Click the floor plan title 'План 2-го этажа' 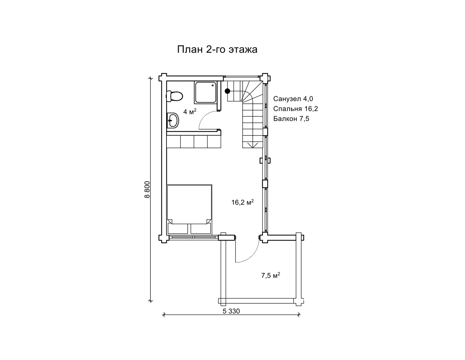point(217,50)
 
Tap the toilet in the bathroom point(174,96)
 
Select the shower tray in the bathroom point(205,93)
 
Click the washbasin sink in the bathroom point(173,120)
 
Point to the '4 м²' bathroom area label point(190,111)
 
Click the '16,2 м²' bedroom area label point(242,202)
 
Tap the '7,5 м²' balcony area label point(270,275)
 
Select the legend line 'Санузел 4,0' point(293,99)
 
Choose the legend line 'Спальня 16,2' point(296,109)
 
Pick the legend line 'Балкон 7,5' point(291,119)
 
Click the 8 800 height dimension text point(147,189)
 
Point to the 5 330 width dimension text point(231,311)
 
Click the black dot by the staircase point(227,91)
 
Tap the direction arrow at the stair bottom point(253,145)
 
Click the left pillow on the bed point(178,228)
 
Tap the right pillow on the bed point(200,228)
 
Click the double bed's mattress point(189,205)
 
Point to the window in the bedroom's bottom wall point(194,237)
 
